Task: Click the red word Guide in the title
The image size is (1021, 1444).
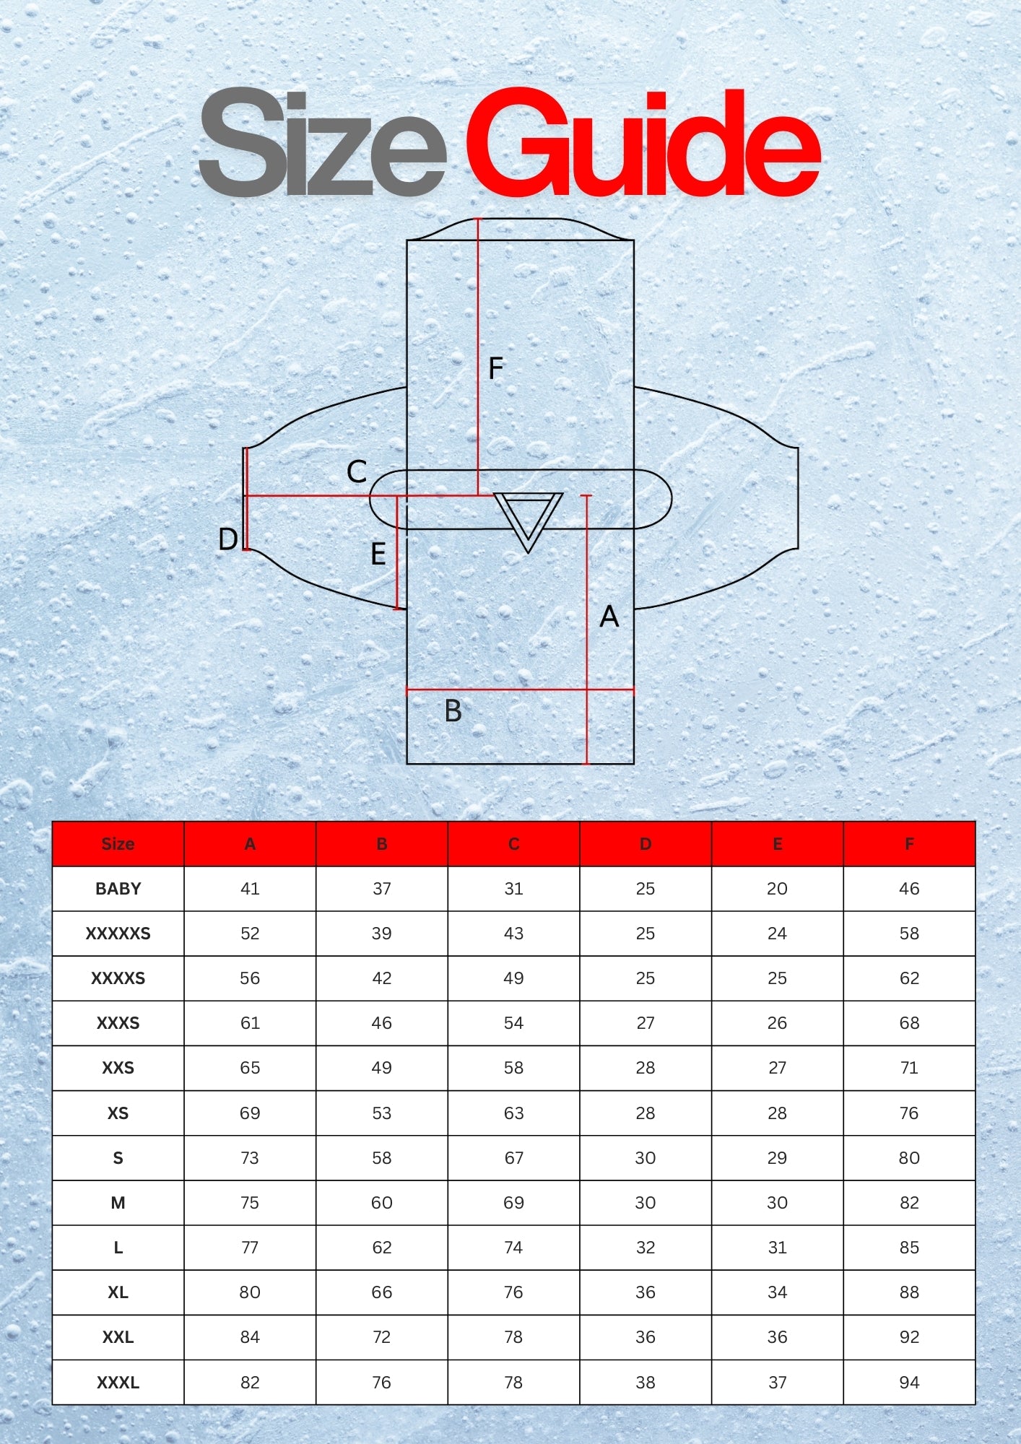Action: pos(643,142)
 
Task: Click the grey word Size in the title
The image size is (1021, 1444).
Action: pos(323,142)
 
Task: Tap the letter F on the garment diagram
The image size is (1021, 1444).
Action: pos(495,368)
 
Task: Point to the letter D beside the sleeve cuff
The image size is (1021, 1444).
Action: pos(227,539)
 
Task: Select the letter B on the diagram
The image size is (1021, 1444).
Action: pos(453,711)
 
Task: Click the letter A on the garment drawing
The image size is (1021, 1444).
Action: pos(609,617)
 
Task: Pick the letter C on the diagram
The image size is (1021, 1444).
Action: pos(357,472)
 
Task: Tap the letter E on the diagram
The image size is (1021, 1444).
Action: pos(378,554)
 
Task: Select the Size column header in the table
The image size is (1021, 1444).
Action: pos(118,844)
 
